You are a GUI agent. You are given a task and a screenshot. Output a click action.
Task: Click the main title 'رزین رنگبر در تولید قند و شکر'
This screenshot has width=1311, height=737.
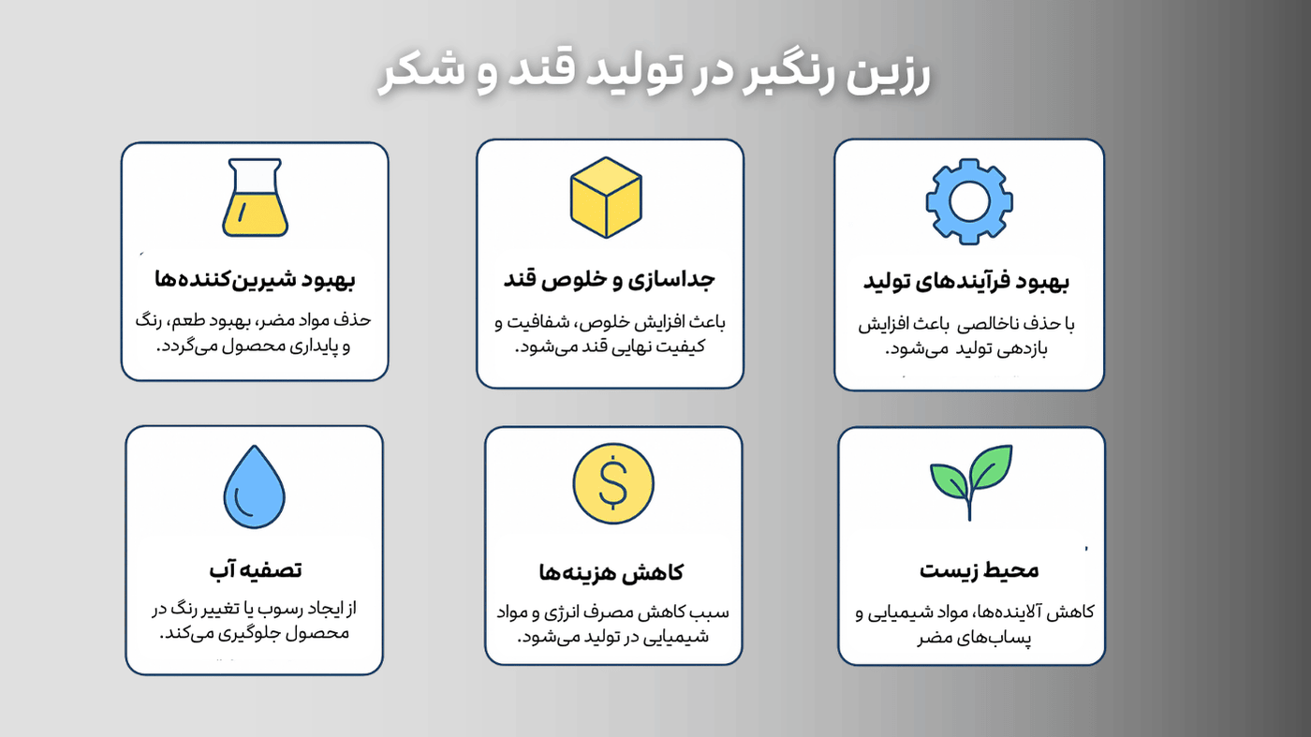click(655, 75)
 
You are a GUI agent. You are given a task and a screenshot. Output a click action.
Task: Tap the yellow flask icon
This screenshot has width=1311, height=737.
click(255, 199)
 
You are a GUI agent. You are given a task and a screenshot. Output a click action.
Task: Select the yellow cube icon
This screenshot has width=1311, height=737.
click(606, 198)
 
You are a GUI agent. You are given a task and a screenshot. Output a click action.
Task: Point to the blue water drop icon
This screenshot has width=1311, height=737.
click(254, 486)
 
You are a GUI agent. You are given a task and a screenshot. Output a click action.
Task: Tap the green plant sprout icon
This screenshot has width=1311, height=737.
click(971, 479)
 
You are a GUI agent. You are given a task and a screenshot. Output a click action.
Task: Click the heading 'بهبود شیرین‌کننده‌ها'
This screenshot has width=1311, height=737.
click(255, 279)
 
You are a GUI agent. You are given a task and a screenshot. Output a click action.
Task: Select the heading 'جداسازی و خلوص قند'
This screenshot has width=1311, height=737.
click(610, 278)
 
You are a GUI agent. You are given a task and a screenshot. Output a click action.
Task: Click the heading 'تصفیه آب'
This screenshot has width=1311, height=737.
click(255, 569)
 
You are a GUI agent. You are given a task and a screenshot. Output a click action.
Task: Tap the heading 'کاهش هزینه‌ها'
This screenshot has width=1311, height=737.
click(611, 572)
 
